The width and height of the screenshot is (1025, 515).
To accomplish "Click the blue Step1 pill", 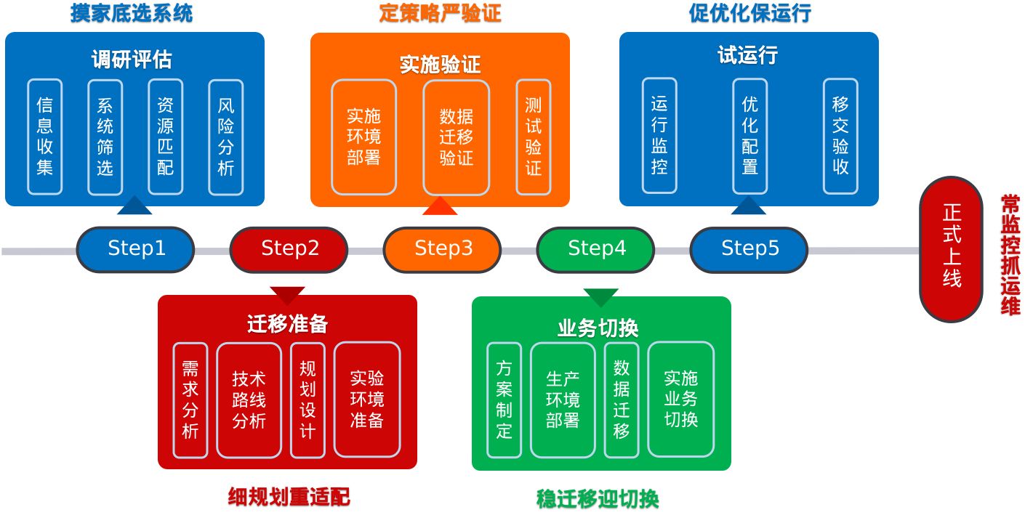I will pos(136,249).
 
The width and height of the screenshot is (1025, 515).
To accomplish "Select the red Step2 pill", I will pos(289,249).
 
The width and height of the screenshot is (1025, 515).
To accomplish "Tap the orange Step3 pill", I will pos(443,249).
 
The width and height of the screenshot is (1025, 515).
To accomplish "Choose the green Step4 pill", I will pos(596,249).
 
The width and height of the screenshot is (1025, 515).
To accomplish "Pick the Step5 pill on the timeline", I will pos(749,249).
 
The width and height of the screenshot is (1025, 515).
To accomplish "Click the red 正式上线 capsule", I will pos(951,249).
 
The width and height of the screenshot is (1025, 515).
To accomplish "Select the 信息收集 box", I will pos(45,137).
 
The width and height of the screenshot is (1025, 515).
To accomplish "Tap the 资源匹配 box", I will pos(165,137).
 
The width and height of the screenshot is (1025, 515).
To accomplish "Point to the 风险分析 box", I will pos(225,137).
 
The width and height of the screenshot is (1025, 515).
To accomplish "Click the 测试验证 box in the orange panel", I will pos(534,137).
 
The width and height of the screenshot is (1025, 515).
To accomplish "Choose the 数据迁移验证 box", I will pos(457,137).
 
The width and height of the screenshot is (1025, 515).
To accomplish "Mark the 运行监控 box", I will pos(659,136).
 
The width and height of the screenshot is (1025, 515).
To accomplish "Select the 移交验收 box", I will pos(840,136).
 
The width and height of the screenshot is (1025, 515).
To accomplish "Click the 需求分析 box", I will pos(190,400).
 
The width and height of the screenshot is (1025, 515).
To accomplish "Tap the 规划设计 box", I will pos(307,400).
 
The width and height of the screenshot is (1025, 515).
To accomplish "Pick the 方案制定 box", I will pos(505,400).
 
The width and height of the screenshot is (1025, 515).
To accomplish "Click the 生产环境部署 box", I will pos(563,400).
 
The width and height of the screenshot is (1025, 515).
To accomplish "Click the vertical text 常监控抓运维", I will pos(1010,254).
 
